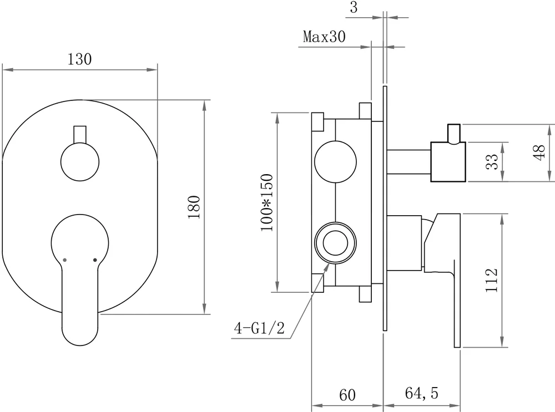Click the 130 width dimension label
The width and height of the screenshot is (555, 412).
[79, 59]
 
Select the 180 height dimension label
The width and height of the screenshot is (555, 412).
[194, 207]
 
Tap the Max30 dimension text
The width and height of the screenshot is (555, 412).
[324, 37]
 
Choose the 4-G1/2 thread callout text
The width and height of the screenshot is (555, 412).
[259, 329]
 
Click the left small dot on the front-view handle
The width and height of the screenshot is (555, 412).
[65, 259]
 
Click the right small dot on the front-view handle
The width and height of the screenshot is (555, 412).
[95, 259]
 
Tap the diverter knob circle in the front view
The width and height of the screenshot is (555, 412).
[79, 161]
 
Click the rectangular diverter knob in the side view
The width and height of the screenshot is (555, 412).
[447, 162]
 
